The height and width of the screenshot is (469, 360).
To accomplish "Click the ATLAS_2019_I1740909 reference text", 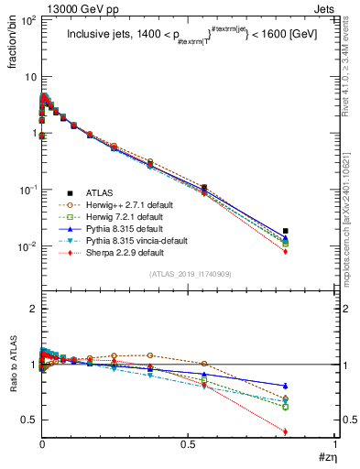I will click(x=189, y=275).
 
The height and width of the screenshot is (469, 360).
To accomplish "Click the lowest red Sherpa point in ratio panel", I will click(x=286, y=431).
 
